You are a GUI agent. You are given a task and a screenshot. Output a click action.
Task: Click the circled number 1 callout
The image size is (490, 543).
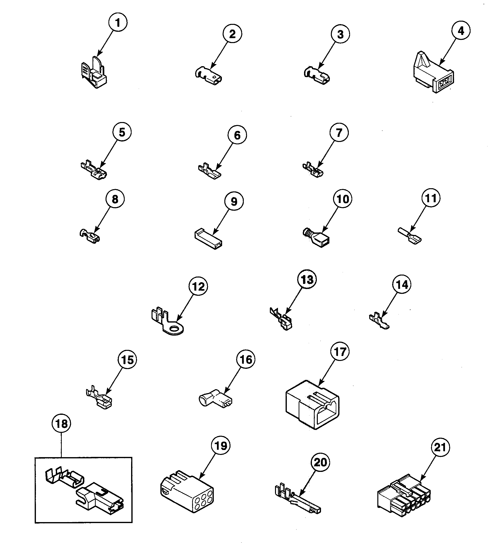tap(118, 23)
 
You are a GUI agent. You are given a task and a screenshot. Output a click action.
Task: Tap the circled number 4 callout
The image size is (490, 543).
tap(461, 31)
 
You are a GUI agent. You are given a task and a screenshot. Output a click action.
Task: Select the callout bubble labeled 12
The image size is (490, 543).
tap(199, 287)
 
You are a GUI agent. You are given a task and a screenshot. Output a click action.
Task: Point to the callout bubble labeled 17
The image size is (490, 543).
tap(340, 352)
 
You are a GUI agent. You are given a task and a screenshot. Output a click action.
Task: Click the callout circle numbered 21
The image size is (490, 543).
tap(440, 447)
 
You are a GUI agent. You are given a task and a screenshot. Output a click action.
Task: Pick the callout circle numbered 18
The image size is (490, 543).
tap(61, 424)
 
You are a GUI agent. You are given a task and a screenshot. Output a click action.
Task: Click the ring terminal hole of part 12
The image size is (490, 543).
tap(175, 329)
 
